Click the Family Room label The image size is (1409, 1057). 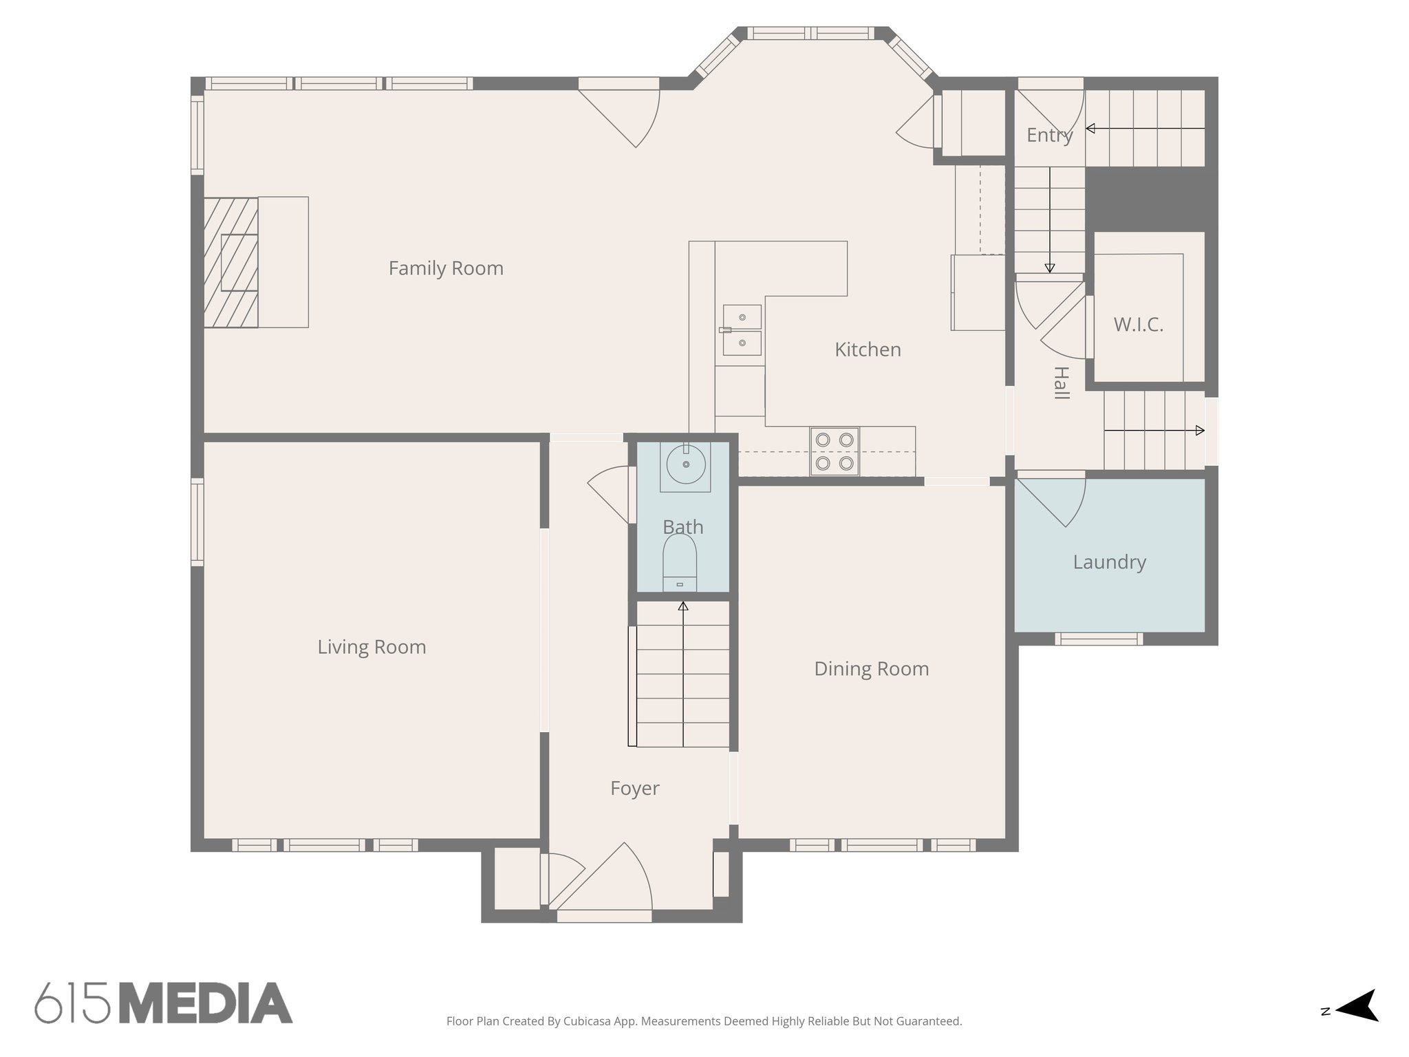[x=446, y=268]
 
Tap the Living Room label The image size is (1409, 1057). [x=372, y=647]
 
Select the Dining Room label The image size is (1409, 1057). [x=871, y=669]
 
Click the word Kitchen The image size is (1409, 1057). [x=868, y=350]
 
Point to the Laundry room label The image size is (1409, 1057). [x=1109, y=562]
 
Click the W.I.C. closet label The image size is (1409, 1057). [x=1138, y=325]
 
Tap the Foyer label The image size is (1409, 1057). [x=634, y=788]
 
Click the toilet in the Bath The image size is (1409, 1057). [x=680, y=561]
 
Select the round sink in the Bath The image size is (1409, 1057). [x=685, y=465]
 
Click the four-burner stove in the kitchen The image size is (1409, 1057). [x=834, y=451]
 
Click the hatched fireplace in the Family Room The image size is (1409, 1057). [x=231, y=262]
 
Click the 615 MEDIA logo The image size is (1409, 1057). [x=164, y=1003]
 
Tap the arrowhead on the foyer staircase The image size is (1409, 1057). [x=683, y=606]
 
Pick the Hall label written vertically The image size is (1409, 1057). [x=1060, y=383]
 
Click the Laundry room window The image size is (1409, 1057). [x=1099, y=639]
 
